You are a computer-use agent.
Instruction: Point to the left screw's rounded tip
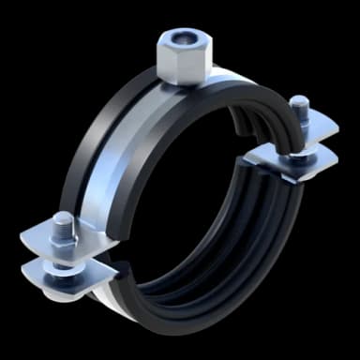point(61,218)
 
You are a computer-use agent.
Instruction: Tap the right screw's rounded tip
point(299,102)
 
